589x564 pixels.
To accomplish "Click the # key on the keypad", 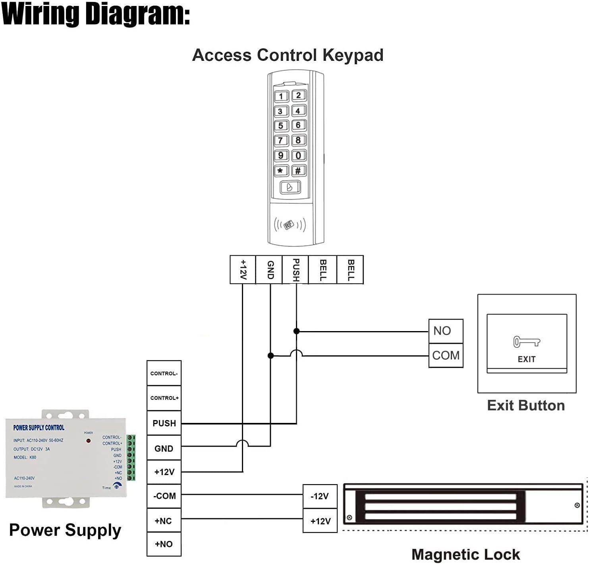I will tap(298, 171).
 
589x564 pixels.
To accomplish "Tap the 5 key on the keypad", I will tap(281, 126).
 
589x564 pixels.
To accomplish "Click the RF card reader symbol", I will tap(290, 225).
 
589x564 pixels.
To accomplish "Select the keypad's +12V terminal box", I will tap(243, 269).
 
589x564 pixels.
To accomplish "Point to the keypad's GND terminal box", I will tap(270, 269).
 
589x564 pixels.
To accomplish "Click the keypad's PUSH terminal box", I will tap(295, 269).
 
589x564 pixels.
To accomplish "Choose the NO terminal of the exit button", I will tap(446, 331).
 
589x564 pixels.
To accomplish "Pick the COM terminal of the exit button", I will tap(446, 355).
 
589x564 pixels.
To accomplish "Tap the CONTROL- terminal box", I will tap(164, 373).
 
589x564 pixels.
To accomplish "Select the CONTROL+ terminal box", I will tap(164, 398).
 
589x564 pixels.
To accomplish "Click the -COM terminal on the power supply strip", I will tap(164, 496).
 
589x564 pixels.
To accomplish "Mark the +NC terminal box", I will tap(164, 521).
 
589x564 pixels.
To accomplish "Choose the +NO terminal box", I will tap(164, 544).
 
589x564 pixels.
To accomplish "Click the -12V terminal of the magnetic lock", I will tap(320, 496).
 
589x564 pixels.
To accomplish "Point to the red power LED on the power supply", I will tap(88, 440).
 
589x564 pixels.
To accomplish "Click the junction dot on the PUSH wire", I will tap(296, 331).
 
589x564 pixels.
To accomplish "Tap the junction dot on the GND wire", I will tap(270, 356).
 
